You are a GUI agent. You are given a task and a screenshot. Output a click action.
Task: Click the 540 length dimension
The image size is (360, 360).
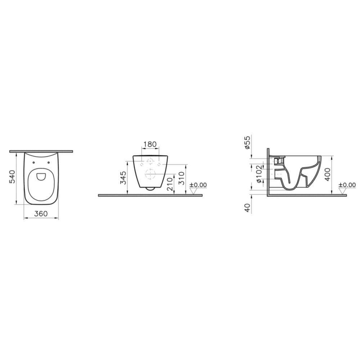point(12,176)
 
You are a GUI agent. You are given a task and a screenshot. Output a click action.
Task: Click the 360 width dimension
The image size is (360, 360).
point(41,214)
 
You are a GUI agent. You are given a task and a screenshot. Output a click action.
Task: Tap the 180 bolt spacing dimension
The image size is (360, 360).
point(150,144)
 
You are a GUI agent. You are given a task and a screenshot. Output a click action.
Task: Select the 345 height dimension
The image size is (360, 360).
point(123,178)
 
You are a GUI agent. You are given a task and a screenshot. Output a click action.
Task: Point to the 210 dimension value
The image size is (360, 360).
point(170,184)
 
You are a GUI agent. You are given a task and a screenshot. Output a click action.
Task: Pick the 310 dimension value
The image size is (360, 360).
point(181,179)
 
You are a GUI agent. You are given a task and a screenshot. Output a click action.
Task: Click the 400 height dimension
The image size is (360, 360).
point(328,175)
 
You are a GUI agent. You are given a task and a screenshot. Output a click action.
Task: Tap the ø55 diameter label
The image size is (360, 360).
point(247,142)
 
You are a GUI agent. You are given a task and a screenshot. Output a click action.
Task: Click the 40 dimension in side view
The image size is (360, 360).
point(247,208)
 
